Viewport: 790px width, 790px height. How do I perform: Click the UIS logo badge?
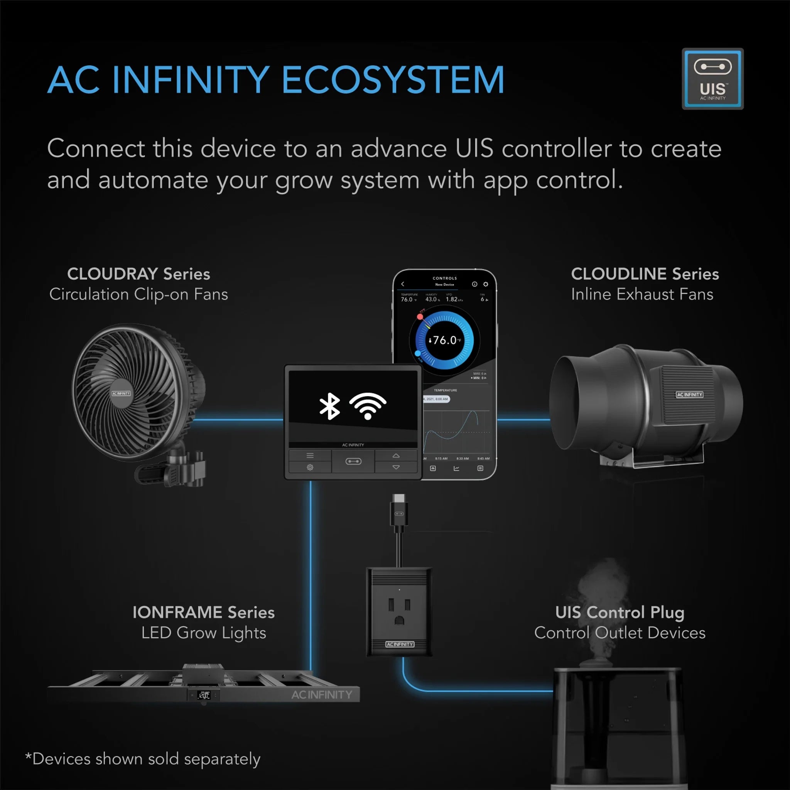(x=712, y=79)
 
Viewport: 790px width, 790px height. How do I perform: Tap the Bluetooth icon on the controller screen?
(x=329, y=407)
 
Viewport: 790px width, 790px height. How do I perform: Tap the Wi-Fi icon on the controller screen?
(x=368, y=406)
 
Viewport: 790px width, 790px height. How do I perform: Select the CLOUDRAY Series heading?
(x=138, y=274)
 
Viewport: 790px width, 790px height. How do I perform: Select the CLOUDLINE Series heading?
(x=645, y=274)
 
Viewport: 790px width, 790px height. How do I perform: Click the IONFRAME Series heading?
(x=204, y=613)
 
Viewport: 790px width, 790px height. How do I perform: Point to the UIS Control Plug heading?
(x=620, y=613)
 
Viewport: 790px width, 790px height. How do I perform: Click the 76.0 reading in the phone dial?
(x=444, y=340)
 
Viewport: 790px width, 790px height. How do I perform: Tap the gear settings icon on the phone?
(x=486, y=284)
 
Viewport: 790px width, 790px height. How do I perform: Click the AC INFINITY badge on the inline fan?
(x=689, y=395)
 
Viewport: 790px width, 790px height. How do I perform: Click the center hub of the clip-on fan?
(x=121, y=393)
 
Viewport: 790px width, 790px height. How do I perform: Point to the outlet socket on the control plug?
(x=399, y=611)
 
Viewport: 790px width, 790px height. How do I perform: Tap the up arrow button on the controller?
(x=396, y=456)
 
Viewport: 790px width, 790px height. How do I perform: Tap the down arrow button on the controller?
(x=396, y=468)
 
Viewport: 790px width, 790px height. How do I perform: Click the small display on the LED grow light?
(x=204, y=695)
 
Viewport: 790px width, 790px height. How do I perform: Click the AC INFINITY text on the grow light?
(x=322, y=695)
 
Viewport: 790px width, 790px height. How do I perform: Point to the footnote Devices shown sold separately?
(x=143, y=759)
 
